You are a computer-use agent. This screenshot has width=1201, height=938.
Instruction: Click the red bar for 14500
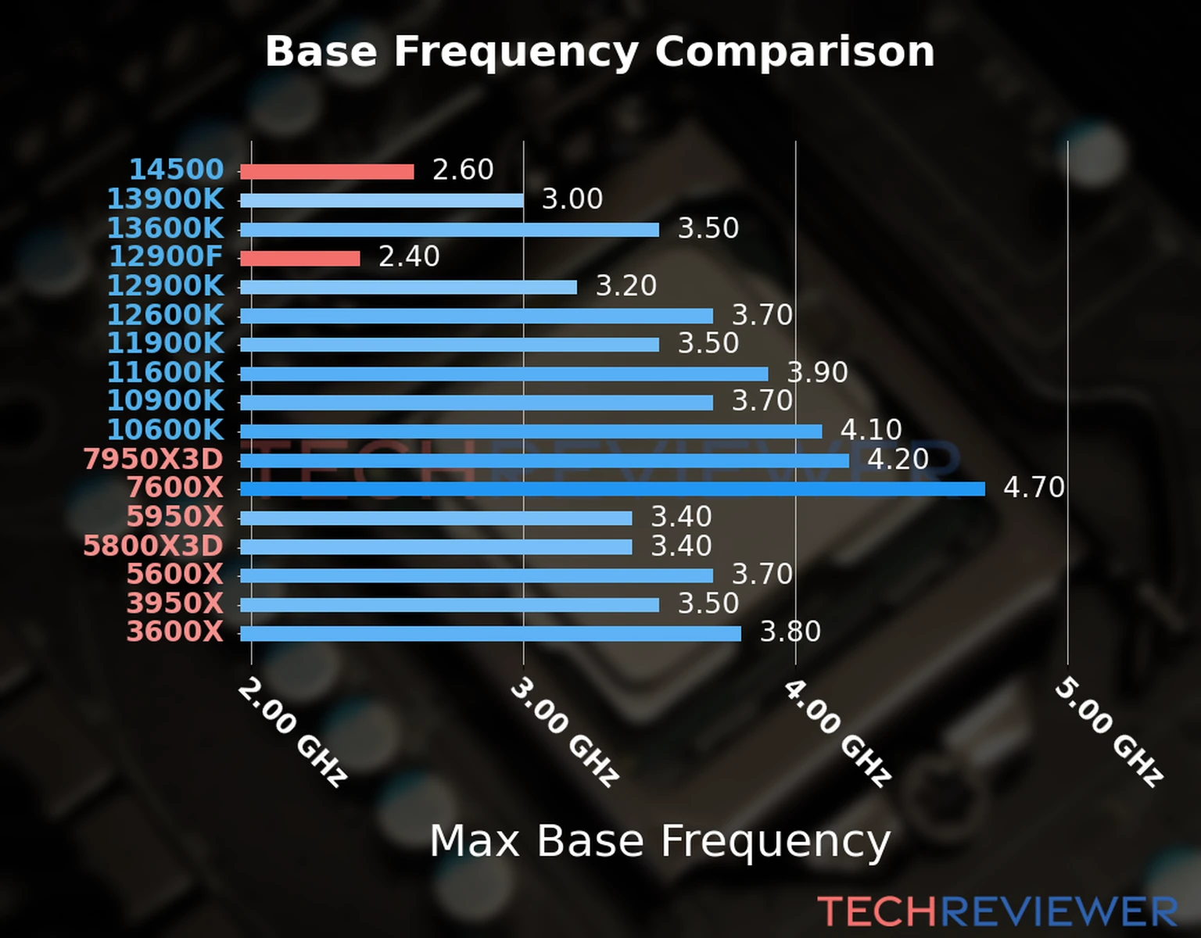327,172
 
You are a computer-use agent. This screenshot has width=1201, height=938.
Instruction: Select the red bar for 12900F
300,258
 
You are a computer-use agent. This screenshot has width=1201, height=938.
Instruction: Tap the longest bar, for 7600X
612,489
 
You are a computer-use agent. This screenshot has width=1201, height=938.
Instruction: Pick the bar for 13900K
382,201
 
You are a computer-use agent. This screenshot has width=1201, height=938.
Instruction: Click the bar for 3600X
490,633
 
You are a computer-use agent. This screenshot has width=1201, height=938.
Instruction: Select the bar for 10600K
531,431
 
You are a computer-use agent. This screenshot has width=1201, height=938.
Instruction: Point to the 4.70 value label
1034,488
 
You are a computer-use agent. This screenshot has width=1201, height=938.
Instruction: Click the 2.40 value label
409,256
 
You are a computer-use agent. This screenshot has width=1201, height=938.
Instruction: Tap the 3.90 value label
817,372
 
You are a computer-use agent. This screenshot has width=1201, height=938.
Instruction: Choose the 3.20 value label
626,286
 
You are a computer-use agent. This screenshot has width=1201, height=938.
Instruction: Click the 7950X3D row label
153,459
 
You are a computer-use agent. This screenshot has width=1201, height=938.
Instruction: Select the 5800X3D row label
153,546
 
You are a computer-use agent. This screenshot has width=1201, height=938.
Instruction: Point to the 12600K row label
165,315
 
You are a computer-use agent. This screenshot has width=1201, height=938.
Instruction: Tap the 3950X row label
174,603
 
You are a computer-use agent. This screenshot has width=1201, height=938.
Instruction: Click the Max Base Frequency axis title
660,841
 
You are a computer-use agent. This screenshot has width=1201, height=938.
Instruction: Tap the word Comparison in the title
794,52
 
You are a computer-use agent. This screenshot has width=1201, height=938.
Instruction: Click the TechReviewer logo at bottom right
997,911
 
